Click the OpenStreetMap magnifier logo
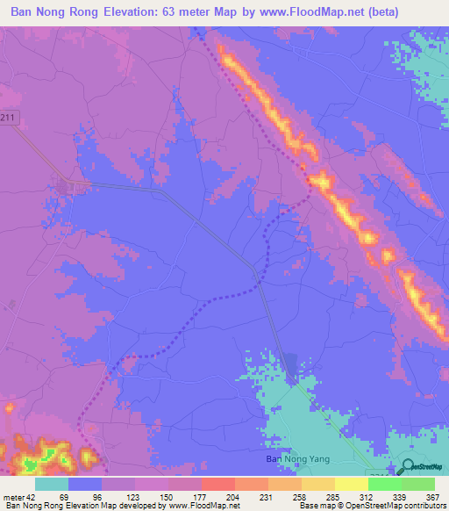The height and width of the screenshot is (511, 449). click(407, 466)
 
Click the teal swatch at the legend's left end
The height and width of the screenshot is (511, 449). click(51, 484)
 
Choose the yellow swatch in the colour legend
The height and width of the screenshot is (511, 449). click(351, 484)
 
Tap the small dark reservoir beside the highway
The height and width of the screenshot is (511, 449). click(290, 366)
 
